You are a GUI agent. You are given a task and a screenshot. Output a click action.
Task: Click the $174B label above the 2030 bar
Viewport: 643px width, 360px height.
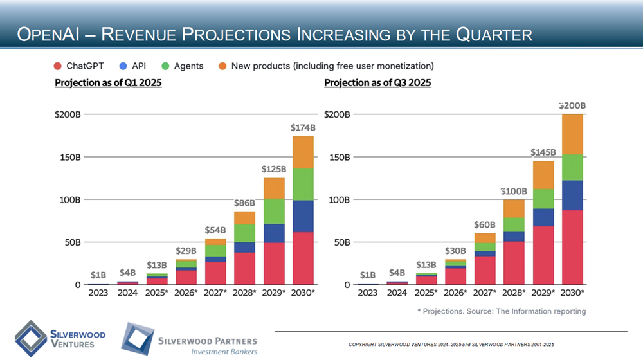tap(303, 128)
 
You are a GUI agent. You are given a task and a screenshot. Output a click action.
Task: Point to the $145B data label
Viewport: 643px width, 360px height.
tap(543, 152)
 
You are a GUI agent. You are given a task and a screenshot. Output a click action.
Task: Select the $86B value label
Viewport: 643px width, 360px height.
tap(244, 203)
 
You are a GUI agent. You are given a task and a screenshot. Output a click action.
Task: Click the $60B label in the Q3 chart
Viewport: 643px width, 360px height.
tap(485, 225)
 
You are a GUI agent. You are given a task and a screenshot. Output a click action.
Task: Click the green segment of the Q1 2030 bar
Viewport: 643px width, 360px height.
tap(303, 184)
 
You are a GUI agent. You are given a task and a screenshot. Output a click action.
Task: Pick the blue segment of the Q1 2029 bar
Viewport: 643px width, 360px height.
tap(274, 233)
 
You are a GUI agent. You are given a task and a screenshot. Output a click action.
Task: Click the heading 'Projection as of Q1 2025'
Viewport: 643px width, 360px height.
tap(108, 83)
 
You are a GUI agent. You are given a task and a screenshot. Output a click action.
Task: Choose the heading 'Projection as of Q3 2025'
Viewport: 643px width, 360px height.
tap(377, 83)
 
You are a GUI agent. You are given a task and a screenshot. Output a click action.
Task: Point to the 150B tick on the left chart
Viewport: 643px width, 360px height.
tap(68, 157)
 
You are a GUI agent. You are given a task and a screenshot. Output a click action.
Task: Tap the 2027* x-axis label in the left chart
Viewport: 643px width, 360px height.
tap(215, 293)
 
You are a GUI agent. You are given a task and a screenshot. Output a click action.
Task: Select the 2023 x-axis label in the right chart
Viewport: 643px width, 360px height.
tap(367, 293)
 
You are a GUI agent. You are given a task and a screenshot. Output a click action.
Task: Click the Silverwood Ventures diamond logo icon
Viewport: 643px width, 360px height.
tap(30, 336)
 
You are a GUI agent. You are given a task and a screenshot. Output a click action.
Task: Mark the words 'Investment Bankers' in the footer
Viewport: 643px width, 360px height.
tap(224, 352)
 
